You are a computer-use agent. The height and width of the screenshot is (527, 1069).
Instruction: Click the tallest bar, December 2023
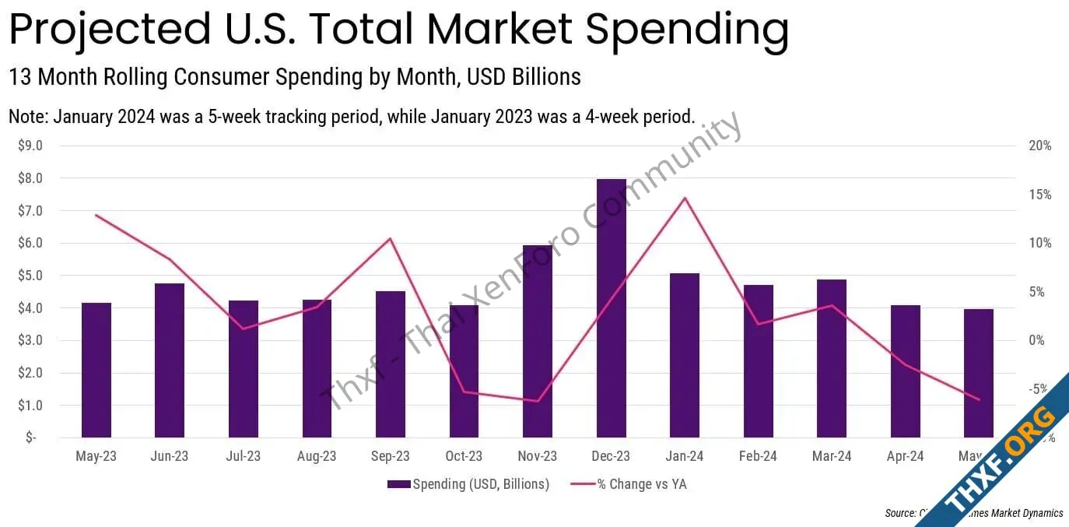[611, 308]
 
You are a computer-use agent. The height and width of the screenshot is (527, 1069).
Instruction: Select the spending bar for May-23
[96, 370]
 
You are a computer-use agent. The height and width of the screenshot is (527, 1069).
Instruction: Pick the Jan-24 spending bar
[685, 355]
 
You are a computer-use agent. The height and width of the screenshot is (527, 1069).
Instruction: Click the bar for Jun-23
[170, 360]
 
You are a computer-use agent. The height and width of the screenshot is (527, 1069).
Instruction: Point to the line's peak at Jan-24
[685, 198]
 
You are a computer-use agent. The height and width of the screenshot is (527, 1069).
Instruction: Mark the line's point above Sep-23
[391, 238]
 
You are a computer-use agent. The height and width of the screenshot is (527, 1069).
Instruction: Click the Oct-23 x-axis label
[464, 456]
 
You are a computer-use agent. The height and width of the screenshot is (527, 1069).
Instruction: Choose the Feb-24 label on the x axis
[759, 456]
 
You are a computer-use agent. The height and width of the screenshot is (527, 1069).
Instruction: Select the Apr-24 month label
[906, 456]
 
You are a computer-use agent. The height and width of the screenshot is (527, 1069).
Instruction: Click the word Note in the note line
[26, 117]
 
